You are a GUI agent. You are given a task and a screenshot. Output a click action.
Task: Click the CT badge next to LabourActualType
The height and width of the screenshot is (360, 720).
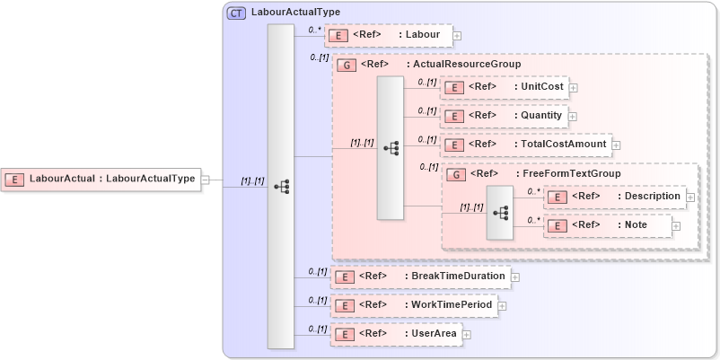[236, 13]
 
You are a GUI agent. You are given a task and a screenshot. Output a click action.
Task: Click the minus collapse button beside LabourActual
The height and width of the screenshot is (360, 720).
[205, 179]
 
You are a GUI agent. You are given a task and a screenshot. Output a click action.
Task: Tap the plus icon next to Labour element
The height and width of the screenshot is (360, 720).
[457, 36]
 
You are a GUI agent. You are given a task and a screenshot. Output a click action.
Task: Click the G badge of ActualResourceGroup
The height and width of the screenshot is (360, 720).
[345, 65]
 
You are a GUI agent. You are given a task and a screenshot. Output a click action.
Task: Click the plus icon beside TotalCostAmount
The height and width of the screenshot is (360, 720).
[617, 145]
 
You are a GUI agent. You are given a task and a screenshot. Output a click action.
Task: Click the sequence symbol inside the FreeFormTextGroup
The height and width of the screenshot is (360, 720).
[500, 213]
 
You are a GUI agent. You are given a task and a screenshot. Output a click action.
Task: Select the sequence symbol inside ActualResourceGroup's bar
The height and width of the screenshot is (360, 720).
[391, 148]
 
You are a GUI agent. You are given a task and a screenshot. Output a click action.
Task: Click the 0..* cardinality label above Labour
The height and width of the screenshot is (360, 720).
[314, 29]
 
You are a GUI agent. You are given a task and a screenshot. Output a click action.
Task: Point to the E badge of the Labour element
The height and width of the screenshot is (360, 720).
[338, 36]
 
